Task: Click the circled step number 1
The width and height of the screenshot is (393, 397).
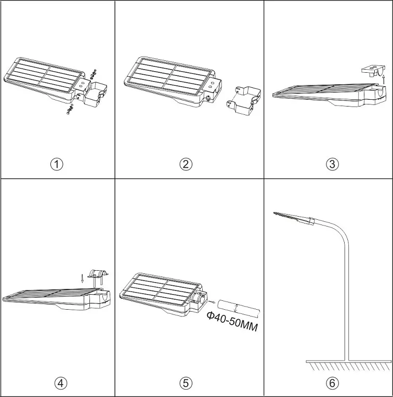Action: (x=57, y=164)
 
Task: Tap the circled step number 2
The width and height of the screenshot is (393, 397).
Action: (x=186, y=164)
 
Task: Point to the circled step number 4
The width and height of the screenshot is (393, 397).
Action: (x=61, y=383)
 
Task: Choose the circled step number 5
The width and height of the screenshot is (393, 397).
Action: (x=186, y=383)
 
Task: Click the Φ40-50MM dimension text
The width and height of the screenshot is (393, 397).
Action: (x=232, y=323)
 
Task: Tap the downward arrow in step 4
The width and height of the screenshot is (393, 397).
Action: (x=82, y=278)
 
